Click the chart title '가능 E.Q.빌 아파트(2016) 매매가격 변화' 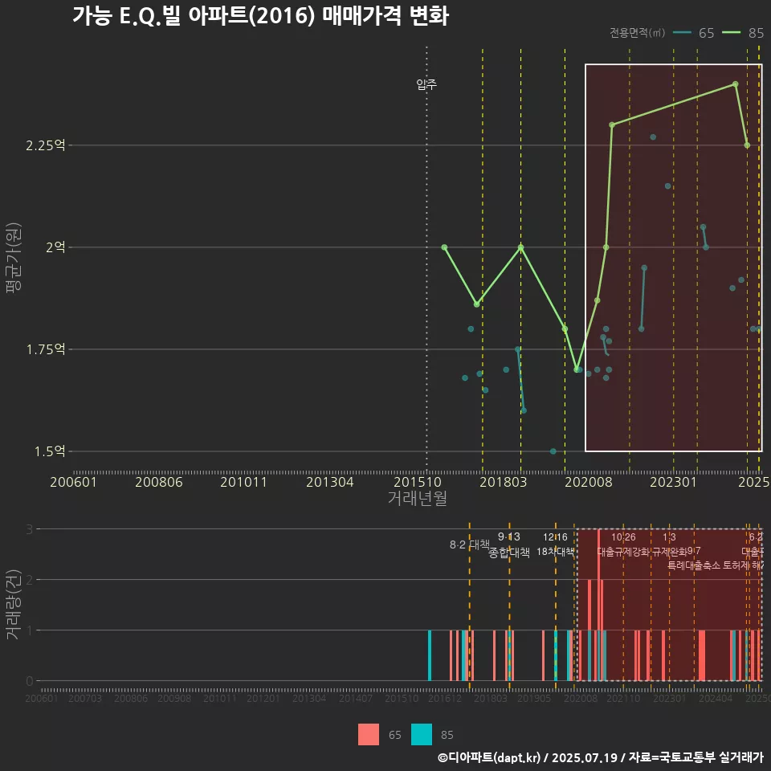point(260,16)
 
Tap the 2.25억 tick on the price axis point(45,145)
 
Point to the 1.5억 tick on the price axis point(48,451)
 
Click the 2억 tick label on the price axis point(55,247)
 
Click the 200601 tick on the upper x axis point(74,482)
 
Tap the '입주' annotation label point(426,84)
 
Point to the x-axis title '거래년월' point(417,498)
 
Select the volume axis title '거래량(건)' point(13,605)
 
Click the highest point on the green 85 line point(735,84)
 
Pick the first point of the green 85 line point(444,247)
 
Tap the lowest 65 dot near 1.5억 point(553,451)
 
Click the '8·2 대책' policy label point(469,545)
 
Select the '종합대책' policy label point(509,553)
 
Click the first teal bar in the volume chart point(430,655)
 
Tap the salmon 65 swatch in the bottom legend point(369,734)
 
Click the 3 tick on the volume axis point(29,529)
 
